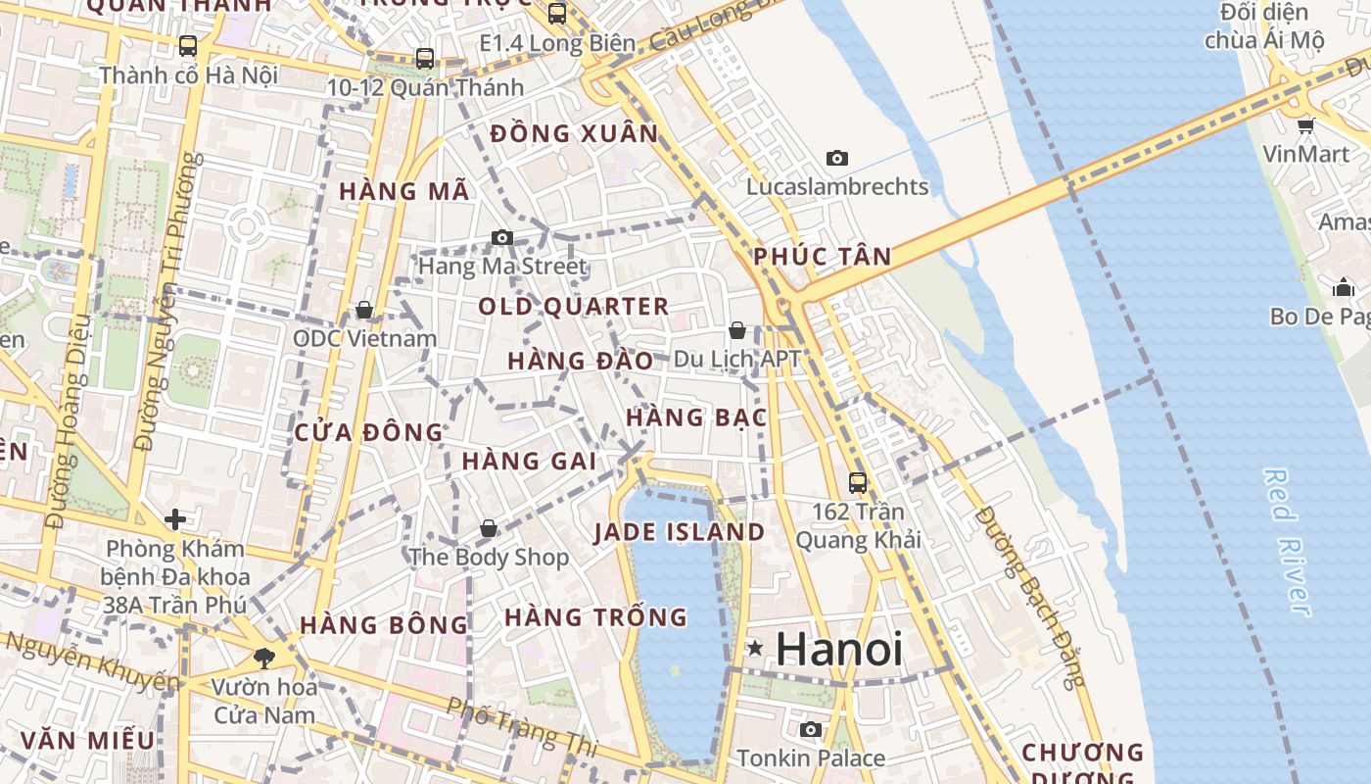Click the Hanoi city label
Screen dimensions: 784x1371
839,649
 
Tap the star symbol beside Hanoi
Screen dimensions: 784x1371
755,648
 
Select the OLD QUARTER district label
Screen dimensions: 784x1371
574,307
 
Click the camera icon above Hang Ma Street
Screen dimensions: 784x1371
502,237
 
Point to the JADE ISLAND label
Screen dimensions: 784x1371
680,532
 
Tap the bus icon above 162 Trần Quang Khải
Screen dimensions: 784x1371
858,482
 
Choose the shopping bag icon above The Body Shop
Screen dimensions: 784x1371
489,529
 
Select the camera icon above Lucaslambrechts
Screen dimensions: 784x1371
837,158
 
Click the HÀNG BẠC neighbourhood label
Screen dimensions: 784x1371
695,417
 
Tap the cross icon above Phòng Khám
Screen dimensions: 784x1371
175,518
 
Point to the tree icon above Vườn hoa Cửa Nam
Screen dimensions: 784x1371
263,658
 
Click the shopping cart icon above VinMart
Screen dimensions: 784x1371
1305,125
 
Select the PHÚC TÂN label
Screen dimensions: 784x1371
823,257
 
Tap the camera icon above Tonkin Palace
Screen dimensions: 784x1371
811,729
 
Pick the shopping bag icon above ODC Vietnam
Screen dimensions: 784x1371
364,310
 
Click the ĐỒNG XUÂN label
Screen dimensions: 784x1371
575,134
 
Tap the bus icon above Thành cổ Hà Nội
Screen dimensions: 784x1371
188,46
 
